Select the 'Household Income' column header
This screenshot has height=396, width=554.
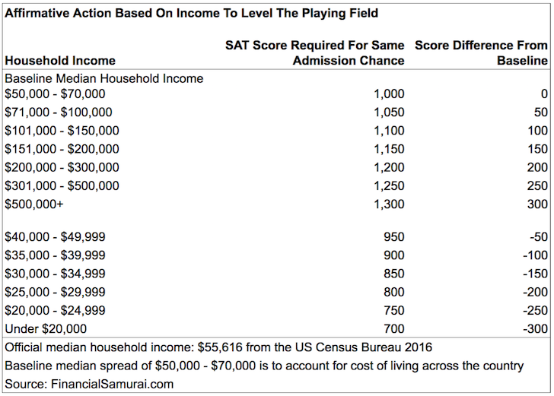(x=60, y=61)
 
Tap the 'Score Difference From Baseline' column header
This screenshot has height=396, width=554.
(x=481, y=53)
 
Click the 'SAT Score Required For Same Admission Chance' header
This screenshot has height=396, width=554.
(x=315, y=53)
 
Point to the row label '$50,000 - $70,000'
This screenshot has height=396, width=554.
(x=55, y=94)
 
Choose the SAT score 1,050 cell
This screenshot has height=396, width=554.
(x=389, y=112)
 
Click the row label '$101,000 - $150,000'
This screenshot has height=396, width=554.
(x=62, y=131)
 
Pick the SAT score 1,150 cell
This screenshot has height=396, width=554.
(x=389, y=149)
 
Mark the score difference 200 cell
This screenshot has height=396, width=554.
(x=537, y=167)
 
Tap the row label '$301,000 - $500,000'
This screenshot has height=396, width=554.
(x=62, y=185)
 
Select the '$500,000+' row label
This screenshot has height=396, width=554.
(x=34, y=204)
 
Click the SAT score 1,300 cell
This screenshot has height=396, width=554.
(x=389, y=204)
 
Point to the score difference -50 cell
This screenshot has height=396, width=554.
(x=539, y=236)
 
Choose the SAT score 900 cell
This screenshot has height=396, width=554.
(x=394, y=255)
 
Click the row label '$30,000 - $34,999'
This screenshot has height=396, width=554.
(x=55, y=274)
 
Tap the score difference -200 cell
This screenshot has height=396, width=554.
(x=536, y=292)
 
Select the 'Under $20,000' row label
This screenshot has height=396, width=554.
(x=46, y=328)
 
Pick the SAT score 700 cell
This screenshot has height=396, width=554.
(x=394, y=328)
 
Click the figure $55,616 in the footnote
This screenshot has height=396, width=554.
(x=220, y=347)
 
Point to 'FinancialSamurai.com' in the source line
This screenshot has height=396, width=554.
(x=113, y=384)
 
